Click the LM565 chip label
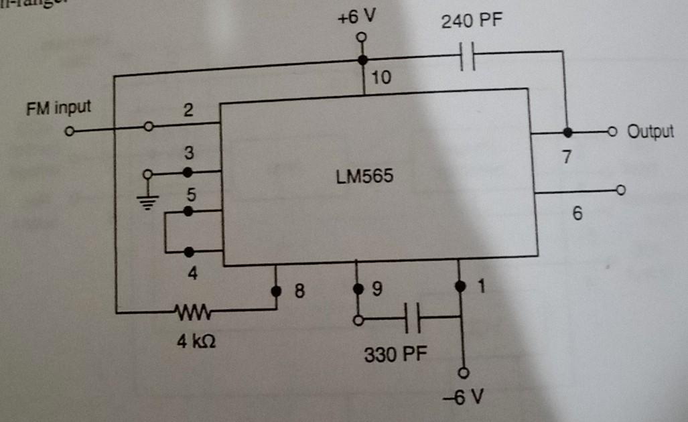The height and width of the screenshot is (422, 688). click(x=365, y=178)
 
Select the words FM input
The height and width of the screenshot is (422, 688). click(x=58, y=107)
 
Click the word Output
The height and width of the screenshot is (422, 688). click(x=650, y=131)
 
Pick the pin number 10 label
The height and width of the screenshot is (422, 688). click(x=381, y=78)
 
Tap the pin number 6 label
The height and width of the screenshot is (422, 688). click(x=577, y=214)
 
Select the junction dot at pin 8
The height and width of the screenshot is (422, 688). click(x=275, y=291)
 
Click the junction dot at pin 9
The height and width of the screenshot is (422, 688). click(x=357, y=289)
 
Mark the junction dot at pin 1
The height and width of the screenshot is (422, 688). click(x=460, y=286)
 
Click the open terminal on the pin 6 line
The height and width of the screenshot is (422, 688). click(x=620, y=192)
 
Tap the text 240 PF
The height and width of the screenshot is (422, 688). click(x=472, y=22)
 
